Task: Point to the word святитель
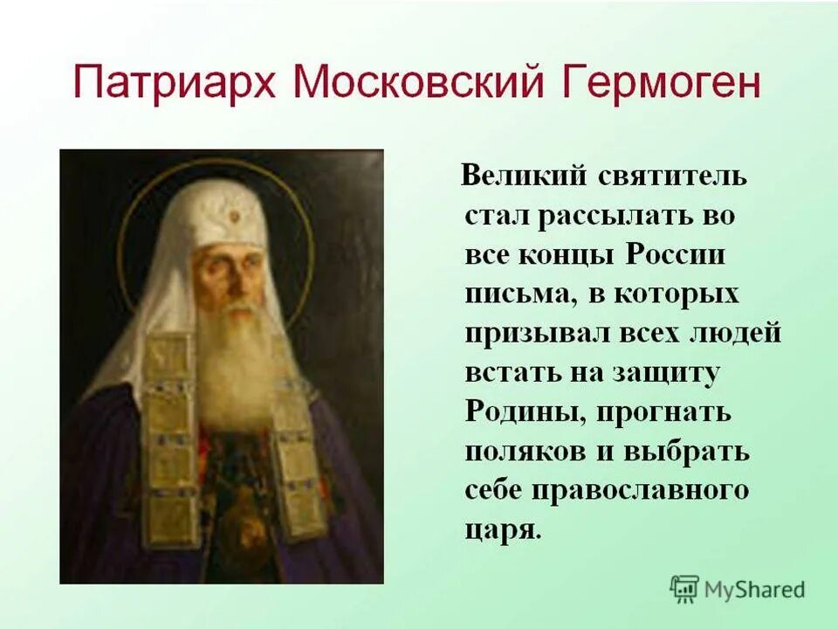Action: (x=672, y=176)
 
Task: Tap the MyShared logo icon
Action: (x=684, y=589)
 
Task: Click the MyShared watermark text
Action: (x=754, y=590)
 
